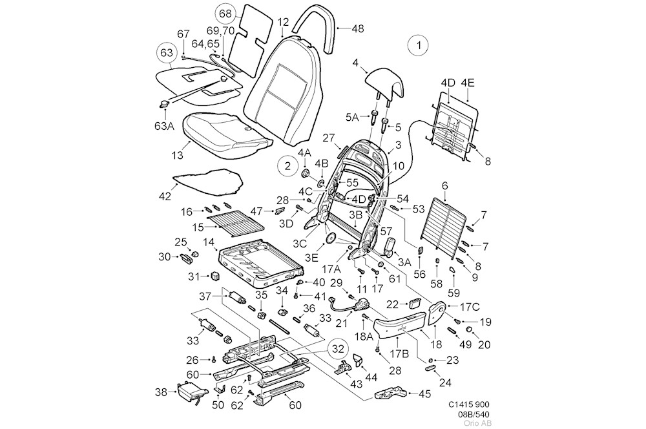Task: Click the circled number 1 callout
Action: tap(419, 46)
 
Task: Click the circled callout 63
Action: tap(167, 52)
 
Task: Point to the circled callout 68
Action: tap(224, 13)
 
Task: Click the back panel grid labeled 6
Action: tap(445, 220)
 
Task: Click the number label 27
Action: tap(328, 138)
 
